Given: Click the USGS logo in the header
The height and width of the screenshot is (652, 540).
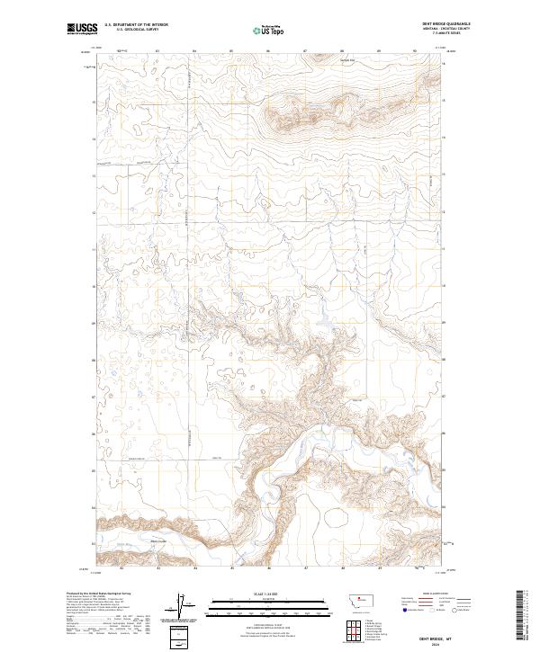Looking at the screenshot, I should click(82, 29).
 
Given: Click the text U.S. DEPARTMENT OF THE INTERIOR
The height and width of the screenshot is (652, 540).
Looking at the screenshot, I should click(136, 25).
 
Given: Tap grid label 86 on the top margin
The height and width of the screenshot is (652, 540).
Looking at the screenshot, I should click(269, 51).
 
